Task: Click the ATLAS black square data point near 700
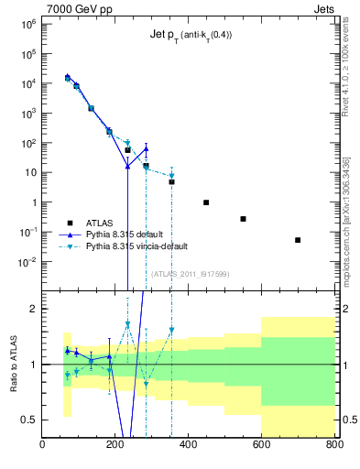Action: [298, 240]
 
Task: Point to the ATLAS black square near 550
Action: [243, 219]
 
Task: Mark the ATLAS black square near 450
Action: [206, 202]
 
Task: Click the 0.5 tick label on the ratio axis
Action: [27, 420]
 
